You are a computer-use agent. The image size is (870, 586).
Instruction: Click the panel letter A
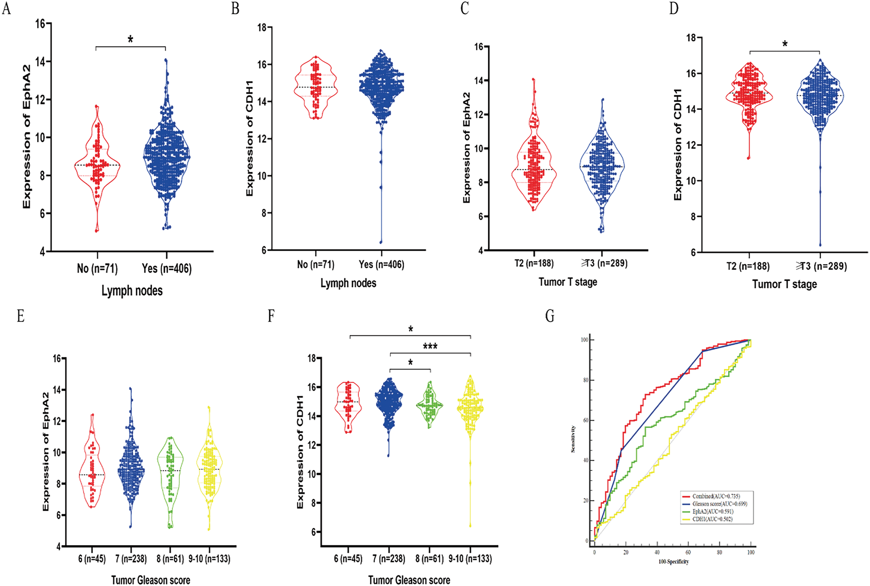coord(6,8)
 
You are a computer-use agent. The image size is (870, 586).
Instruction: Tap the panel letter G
coord(550,316)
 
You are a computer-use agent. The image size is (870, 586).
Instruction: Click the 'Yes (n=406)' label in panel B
coord(381,265)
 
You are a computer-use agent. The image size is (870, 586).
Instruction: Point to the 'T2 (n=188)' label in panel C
coord(534,263)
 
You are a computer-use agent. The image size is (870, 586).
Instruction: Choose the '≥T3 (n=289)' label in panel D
coord(821,266)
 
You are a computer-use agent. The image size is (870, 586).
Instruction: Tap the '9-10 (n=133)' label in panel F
coord(470,559)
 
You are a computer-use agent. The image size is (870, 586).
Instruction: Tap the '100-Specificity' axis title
coord(673,562)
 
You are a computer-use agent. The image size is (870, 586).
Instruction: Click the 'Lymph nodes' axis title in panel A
coord(132,291)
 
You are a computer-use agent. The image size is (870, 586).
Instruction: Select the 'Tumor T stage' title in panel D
coord(784,284)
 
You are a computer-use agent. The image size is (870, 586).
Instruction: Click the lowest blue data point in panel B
coord(381,242)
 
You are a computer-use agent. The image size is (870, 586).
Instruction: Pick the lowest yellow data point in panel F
coord(470,526)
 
